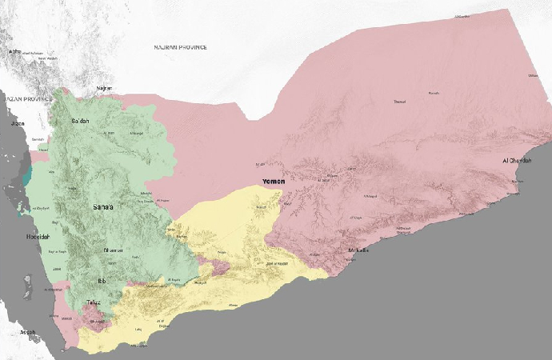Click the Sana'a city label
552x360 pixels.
pos(103,208)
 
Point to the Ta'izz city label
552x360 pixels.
pos(94,302)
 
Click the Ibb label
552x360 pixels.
pos(102,282)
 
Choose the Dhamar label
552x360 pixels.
pos(113,250)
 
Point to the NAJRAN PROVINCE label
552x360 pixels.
pos(181,47)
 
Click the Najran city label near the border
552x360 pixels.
pos(104,88)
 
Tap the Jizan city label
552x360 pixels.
pos(18,125)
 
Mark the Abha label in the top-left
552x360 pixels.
pos(14,52)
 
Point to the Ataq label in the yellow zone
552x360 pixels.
pos(234,305)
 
